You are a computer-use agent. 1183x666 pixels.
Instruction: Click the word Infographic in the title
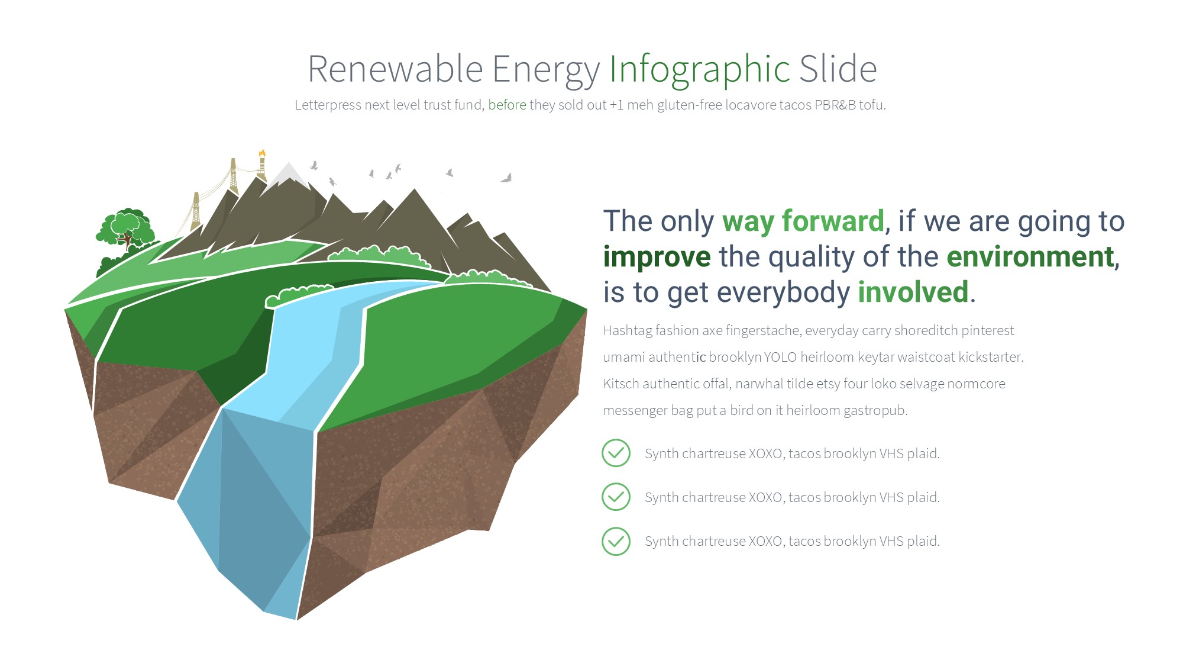700,70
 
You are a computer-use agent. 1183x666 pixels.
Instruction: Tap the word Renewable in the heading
395,69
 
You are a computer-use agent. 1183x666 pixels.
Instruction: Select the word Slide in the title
838,69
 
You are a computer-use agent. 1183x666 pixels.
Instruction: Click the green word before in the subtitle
507,105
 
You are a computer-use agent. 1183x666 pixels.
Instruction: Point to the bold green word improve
657,258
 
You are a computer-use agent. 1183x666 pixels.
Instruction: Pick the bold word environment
1030,257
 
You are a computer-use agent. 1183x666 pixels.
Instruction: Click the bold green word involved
913,292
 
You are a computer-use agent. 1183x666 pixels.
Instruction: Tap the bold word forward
833,221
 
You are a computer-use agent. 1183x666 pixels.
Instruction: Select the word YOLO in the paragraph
780,357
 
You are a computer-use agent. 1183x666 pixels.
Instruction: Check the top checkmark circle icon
616,453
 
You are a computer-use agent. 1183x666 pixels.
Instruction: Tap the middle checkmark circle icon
616,497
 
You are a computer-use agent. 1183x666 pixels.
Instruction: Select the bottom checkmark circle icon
616,541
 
